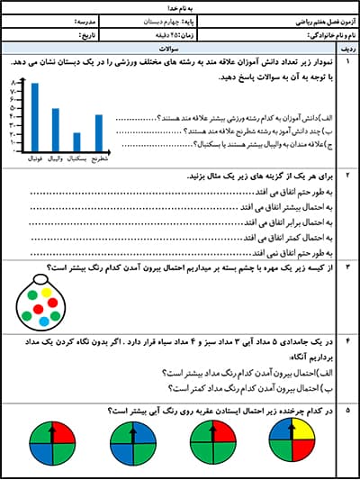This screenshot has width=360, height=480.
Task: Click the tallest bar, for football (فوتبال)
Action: [x=34, y=117]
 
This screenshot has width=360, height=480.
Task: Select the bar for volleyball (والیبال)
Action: [x=55, y=130]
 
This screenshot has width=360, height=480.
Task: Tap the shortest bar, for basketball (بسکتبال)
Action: [x=76, y=141]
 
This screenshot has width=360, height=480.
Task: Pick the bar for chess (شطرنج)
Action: [x=99, y=132]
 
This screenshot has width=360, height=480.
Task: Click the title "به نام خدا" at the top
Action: [x=180, y=6]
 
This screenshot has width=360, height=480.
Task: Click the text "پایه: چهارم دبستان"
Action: [x=193, y=20]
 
